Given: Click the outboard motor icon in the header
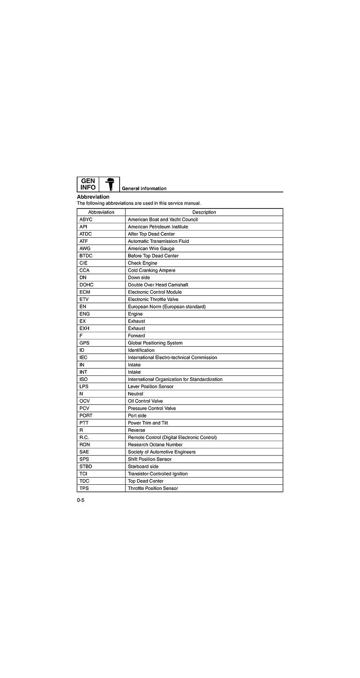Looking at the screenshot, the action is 109,184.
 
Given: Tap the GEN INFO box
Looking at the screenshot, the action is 88,184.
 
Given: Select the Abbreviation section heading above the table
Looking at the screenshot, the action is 93,197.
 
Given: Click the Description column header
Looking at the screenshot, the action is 204,212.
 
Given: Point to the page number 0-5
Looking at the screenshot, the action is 81,500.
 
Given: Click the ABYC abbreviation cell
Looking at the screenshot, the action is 86,220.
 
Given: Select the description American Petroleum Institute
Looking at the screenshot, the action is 158,227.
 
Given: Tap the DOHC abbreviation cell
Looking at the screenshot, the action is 86,285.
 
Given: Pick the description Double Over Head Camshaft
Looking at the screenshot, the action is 158,285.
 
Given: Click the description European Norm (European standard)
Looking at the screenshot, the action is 167,306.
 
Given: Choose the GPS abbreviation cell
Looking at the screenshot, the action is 84,343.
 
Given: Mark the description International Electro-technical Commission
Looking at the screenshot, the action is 172,357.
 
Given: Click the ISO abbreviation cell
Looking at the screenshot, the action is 84,379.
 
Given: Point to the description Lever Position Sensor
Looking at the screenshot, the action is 151,386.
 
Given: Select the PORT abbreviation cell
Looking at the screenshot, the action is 86,415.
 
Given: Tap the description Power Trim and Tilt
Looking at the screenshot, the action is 148,423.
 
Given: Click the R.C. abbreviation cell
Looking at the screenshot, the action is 84,437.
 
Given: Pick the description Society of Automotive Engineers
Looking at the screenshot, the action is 162,452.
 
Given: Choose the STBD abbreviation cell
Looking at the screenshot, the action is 86,466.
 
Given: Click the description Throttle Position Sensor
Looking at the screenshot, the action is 153,488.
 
